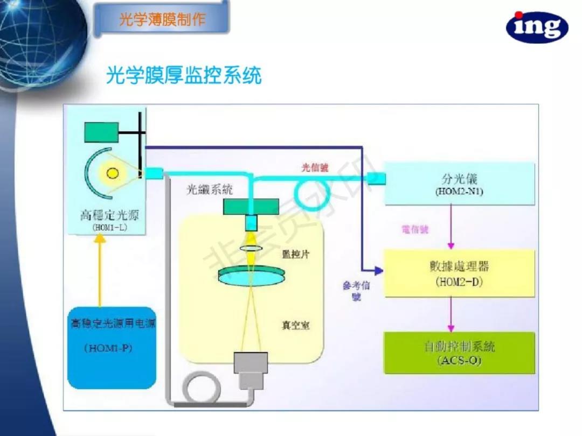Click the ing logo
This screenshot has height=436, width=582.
537,27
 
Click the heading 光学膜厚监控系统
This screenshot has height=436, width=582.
184,76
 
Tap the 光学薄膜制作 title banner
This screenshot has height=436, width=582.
162,20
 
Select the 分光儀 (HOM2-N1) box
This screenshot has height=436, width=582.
459,184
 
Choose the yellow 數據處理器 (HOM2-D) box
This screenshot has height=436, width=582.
459,273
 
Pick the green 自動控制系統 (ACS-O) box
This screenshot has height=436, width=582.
459,353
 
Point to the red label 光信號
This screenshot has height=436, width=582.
314,168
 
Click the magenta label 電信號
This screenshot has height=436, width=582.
415,230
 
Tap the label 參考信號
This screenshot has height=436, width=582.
356,291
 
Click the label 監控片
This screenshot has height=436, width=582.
295,254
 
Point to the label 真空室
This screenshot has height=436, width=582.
295,325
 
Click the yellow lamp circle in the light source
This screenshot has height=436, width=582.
113,173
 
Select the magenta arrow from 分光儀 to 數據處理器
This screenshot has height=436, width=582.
451,227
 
